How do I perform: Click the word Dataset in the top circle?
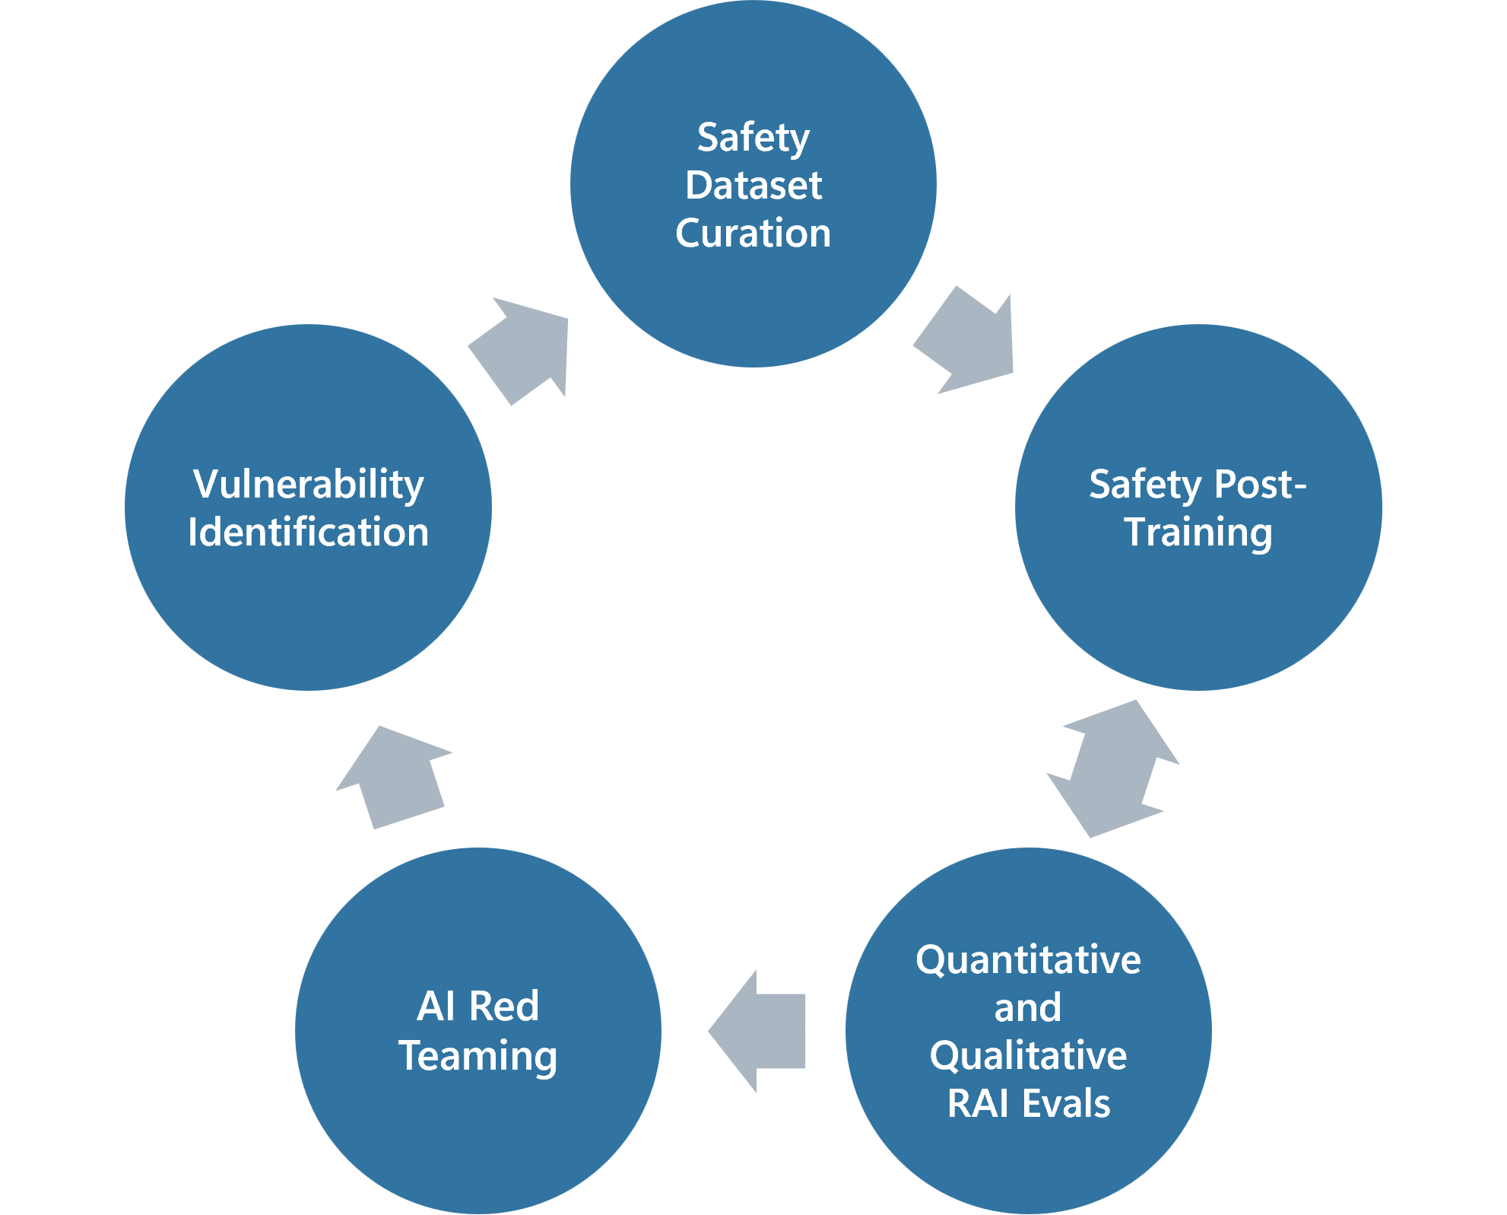[x=753, y=185]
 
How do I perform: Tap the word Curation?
[x=753, y=233]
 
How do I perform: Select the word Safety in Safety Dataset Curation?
[x=753, y=138]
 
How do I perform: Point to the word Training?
[x=1198, y=532]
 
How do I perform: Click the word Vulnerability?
[x=308, y=485]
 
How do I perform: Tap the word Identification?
[x=308, y=532]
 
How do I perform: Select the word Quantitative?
[x=1028, y=959]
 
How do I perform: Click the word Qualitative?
[x=1028, y=1056]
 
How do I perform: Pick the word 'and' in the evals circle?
[x=1028, y=1008]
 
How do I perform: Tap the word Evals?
[x=1066, y=1103]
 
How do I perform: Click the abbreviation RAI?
[x=977, y=1103]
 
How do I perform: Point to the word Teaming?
[x=477, y=1056]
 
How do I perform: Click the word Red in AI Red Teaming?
[x=503, y=1007]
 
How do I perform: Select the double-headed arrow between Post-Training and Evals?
[x=1114, y=768]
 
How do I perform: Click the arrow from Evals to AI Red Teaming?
[x=760, y=1031]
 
